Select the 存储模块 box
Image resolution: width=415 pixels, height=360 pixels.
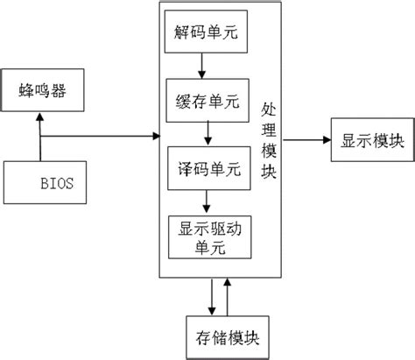coord(222,335)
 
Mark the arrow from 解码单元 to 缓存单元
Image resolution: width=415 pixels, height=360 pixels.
coord(202,67)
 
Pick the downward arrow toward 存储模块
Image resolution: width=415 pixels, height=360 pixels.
coord(212,298)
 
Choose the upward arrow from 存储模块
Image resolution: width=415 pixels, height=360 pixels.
coord(228,298)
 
